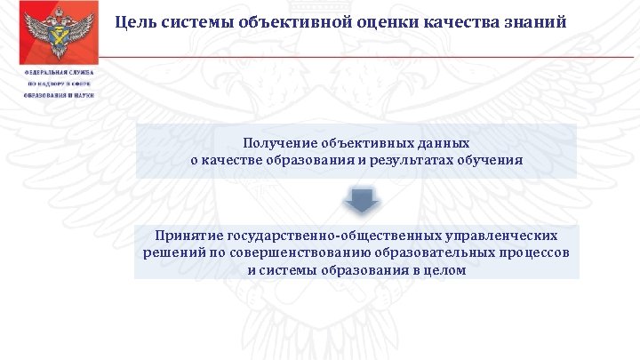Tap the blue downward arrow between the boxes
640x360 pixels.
point(361,200)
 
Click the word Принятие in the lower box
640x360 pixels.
point(188,236)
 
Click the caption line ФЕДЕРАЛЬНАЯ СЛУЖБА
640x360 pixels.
point(59,73)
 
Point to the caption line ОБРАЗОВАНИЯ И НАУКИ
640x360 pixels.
point(59,94)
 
